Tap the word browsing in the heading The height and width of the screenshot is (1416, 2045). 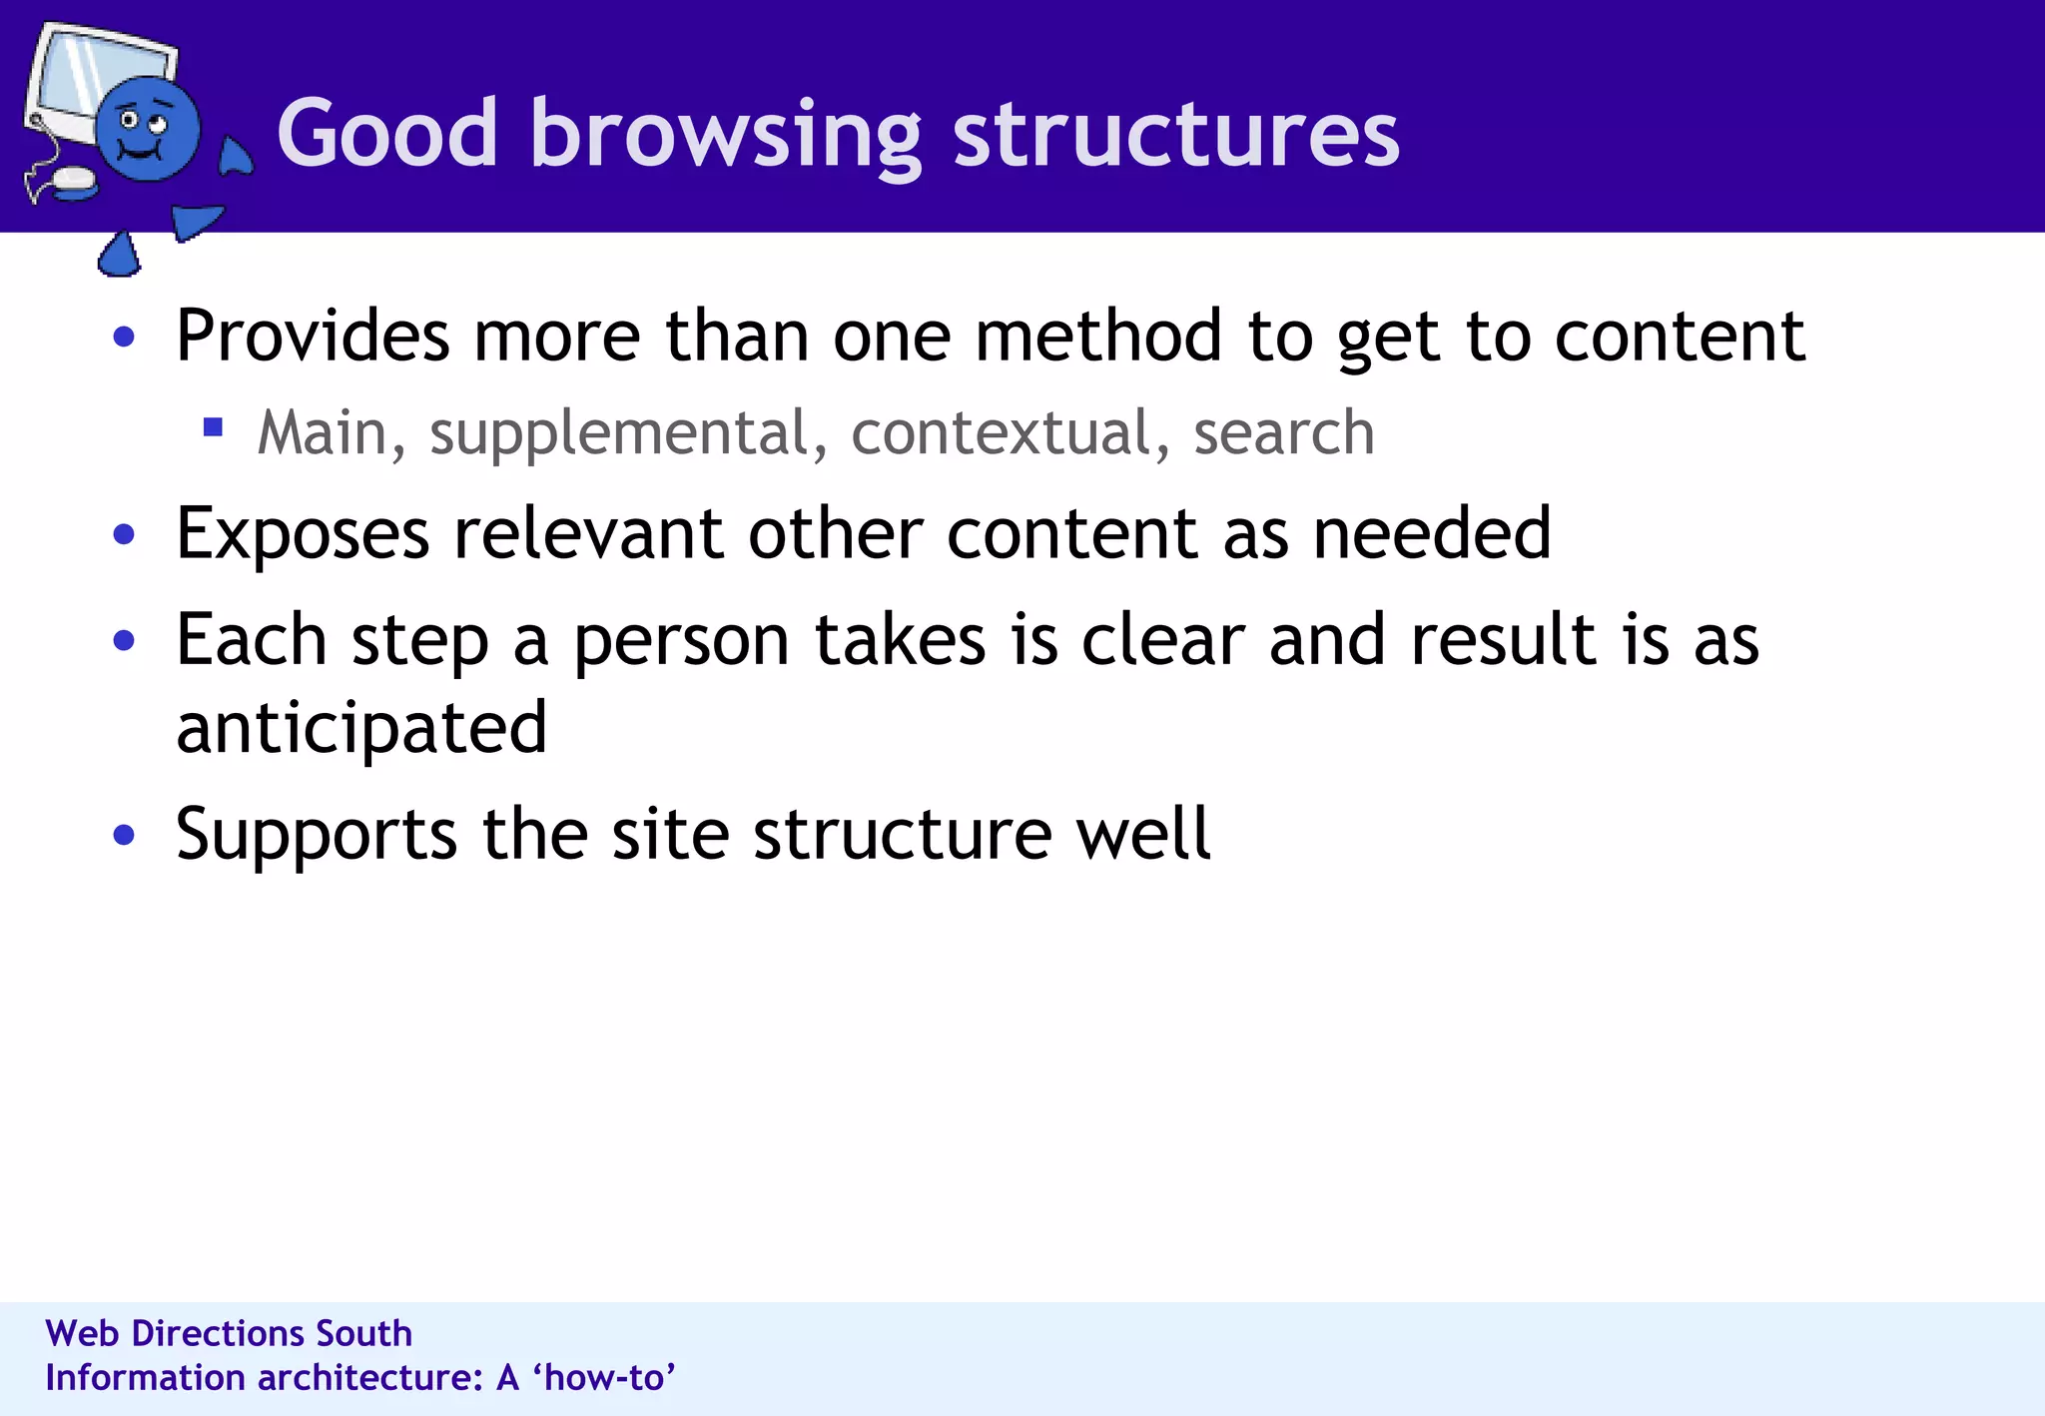click(x=725, y=135)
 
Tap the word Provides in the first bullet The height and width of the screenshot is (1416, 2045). click(x=313, y=336)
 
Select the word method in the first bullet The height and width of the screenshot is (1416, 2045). click(x=1098, y=336)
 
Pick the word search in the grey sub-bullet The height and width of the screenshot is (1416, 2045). click(x=1284, y=433)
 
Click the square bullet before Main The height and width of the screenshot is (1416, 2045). click(x=212, y=427)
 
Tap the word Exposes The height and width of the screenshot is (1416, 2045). click(x=303, y=533)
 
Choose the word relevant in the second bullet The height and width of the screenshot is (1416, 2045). click(x=588, y=533)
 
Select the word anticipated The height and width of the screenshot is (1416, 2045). click(x=361, y=728)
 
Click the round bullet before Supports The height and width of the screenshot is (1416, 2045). click(x=124, y=835)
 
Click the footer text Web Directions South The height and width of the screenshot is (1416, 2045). click(x=229, y=1334)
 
